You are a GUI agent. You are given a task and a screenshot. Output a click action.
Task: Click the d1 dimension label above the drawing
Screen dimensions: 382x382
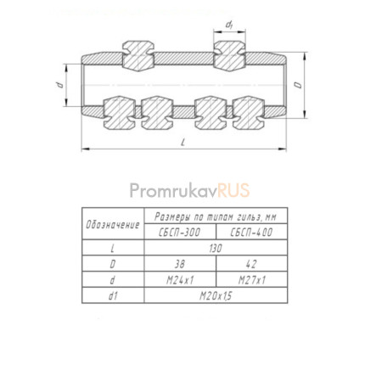229,25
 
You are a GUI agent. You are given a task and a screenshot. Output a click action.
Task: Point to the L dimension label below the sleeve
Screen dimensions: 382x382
183,143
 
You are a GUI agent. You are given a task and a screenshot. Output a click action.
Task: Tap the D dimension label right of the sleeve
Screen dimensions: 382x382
298,85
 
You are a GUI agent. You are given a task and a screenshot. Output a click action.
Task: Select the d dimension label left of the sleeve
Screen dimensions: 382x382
59,85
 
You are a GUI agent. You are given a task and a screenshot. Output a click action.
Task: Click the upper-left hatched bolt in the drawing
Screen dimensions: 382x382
138,56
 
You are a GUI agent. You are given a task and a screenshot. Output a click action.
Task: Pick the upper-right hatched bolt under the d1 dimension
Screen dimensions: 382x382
229,56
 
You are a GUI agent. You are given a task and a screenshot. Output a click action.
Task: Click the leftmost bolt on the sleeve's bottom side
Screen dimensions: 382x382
120,113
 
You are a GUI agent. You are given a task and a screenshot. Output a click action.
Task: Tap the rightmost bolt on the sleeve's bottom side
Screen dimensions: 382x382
249,113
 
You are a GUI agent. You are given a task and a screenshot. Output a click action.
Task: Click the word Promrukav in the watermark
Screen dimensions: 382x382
173,190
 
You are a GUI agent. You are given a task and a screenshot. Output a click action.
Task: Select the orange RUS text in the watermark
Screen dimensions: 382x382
233,190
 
